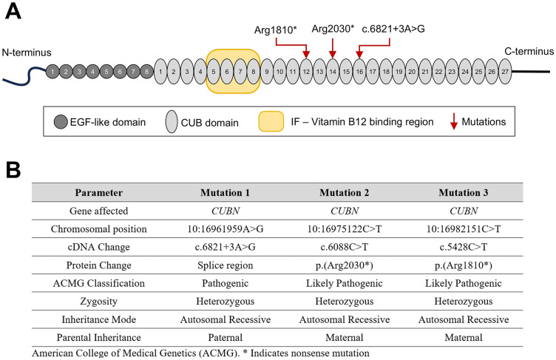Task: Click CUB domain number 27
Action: click(x=504, y=72)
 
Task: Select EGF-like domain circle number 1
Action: click(x=52, y=72)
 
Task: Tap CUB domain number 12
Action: click(x=306, y=72)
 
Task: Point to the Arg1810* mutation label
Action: click(x=275, y=30)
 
